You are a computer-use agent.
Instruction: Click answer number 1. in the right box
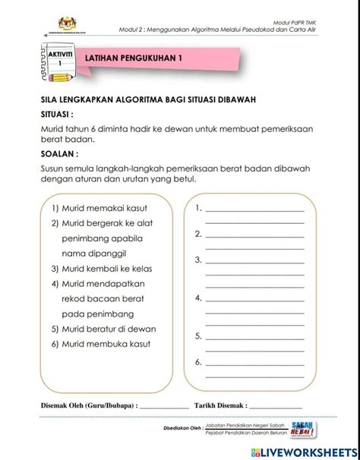[x=197, y=207]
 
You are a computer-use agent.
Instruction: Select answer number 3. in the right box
[x=197, y=260]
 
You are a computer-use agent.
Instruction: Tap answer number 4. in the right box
[x=197, y=298]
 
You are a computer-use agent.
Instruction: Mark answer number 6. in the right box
[x=197, y=362]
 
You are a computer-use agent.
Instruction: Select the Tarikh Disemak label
[x=221, y=405]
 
